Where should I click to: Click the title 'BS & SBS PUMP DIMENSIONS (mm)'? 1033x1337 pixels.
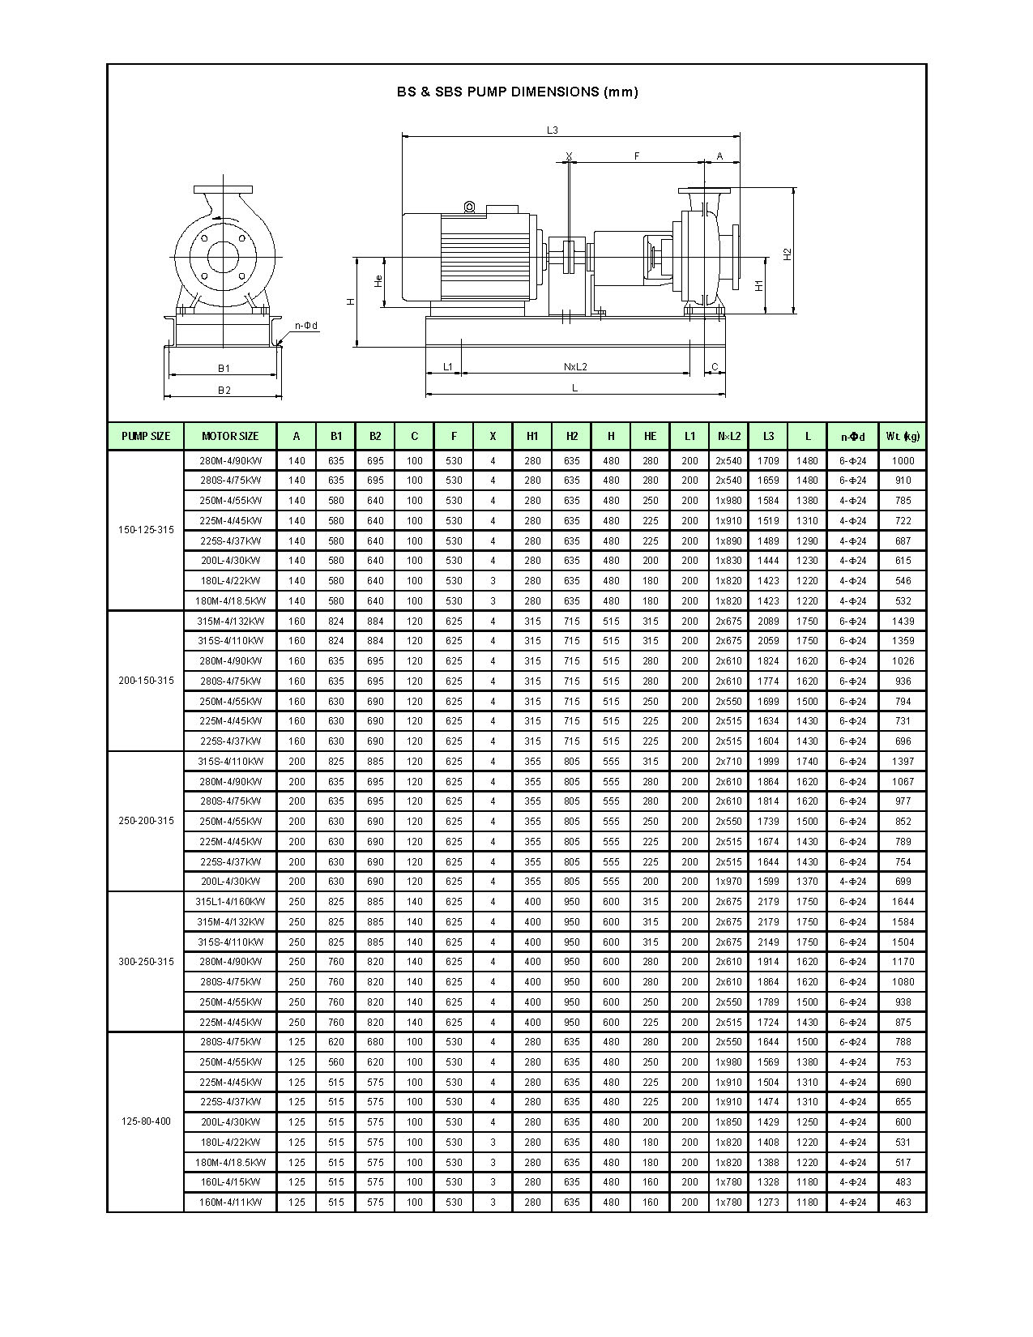coord(517,92)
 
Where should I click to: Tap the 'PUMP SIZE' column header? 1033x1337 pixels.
coord(146,436)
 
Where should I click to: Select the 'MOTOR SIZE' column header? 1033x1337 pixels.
coord(230,436)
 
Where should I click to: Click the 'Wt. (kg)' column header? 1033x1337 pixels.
coord(903,436)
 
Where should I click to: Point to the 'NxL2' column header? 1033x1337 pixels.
coord(728,436)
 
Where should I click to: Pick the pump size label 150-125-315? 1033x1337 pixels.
coord(146,530)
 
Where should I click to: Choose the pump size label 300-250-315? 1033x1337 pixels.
coord(146,962)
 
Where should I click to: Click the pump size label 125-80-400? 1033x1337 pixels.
coord(146,1122)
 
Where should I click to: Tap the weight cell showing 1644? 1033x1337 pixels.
coord(903,902)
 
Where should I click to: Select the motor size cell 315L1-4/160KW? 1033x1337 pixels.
coord(230,902)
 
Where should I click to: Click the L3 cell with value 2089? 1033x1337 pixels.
coord(768,622)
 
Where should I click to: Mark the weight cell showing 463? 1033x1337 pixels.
coord(903,1202)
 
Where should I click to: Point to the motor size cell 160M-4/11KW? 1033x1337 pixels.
coord(230,1202)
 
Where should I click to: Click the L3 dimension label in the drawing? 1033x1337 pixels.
coord(552,130)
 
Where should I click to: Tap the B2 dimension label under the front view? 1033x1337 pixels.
coord(224,390)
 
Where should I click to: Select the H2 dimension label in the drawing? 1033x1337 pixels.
coord(788,253)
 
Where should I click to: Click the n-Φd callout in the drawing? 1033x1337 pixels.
coord(306,326)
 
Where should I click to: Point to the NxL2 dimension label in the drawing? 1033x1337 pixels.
coord(574,367)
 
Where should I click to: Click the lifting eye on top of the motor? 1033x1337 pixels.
coord(469,207)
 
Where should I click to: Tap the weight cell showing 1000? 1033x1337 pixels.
coord(903,460)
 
